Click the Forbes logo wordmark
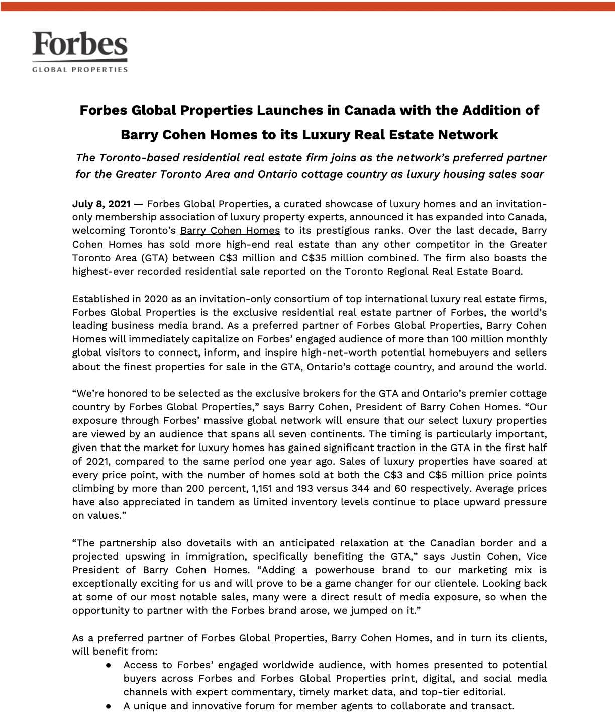(x=80, y=44)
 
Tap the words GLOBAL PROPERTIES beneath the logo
(x=80, y=69)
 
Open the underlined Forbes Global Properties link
(x=208, y=204)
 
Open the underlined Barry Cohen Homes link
(x=230, y=231)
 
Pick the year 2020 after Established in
(x=156, y=299)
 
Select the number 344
(x=358, y=488)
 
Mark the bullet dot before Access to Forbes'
(x=109, y=665)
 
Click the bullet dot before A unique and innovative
(x=109, y=706)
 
